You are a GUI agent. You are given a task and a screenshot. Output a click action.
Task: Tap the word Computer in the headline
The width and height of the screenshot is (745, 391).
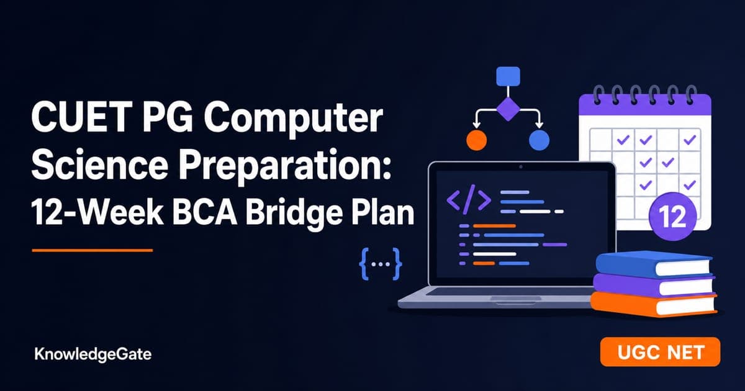[293, 119]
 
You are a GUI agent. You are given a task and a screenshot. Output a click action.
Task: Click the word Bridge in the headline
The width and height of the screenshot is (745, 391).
[293, 213]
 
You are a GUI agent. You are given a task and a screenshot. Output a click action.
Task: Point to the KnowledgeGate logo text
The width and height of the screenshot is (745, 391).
[93, 354]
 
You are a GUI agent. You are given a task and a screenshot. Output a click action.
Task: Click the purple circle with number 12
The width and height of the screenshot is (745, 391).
[672, 217]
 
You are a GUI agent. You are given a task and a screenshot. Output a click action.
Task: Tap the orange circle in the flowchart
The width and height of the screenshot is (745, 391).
[477, 140]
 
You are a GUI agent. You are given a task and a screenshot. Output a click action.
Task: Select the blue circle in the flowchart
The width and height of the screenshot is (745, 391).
[539, 140]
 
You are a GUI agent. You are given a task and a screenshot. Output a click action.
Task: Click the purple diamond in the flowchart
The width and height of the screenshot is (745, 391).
[508, 109]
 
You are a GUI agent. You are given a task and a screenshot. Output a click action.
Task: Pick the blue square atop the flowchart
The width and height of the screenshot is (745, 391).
[508, 76]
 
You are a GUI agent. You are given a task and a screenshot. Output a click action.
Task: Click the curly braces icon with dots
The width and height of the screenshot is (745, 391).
[381, 264]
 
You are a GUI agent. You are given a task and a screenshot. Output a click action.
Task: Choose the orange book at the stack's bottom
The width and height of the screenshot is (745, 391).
[654, 304]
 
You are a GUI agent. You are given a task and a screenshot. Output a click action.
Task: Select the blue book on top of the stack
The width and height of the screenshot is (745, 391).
[654, 264]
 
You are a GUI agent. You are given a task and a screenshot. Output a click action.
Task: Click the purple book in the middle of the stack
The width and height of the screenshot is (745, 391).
[654, 285]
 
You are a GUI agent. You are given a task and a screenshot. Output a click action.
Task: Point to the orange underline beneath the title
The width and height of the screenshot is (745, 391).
[93, 250]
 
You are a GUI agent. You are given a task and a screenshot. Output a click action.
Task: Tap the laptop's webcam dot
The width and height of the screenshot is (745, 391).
[521, 167]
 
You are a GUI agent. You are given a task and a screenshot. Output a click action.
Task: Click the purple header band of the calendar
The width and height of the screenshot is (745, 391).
[645, 105]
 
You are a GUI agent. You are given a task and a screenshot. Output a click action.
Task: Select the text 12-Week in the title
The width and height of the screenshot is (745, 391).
[97, 213]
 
